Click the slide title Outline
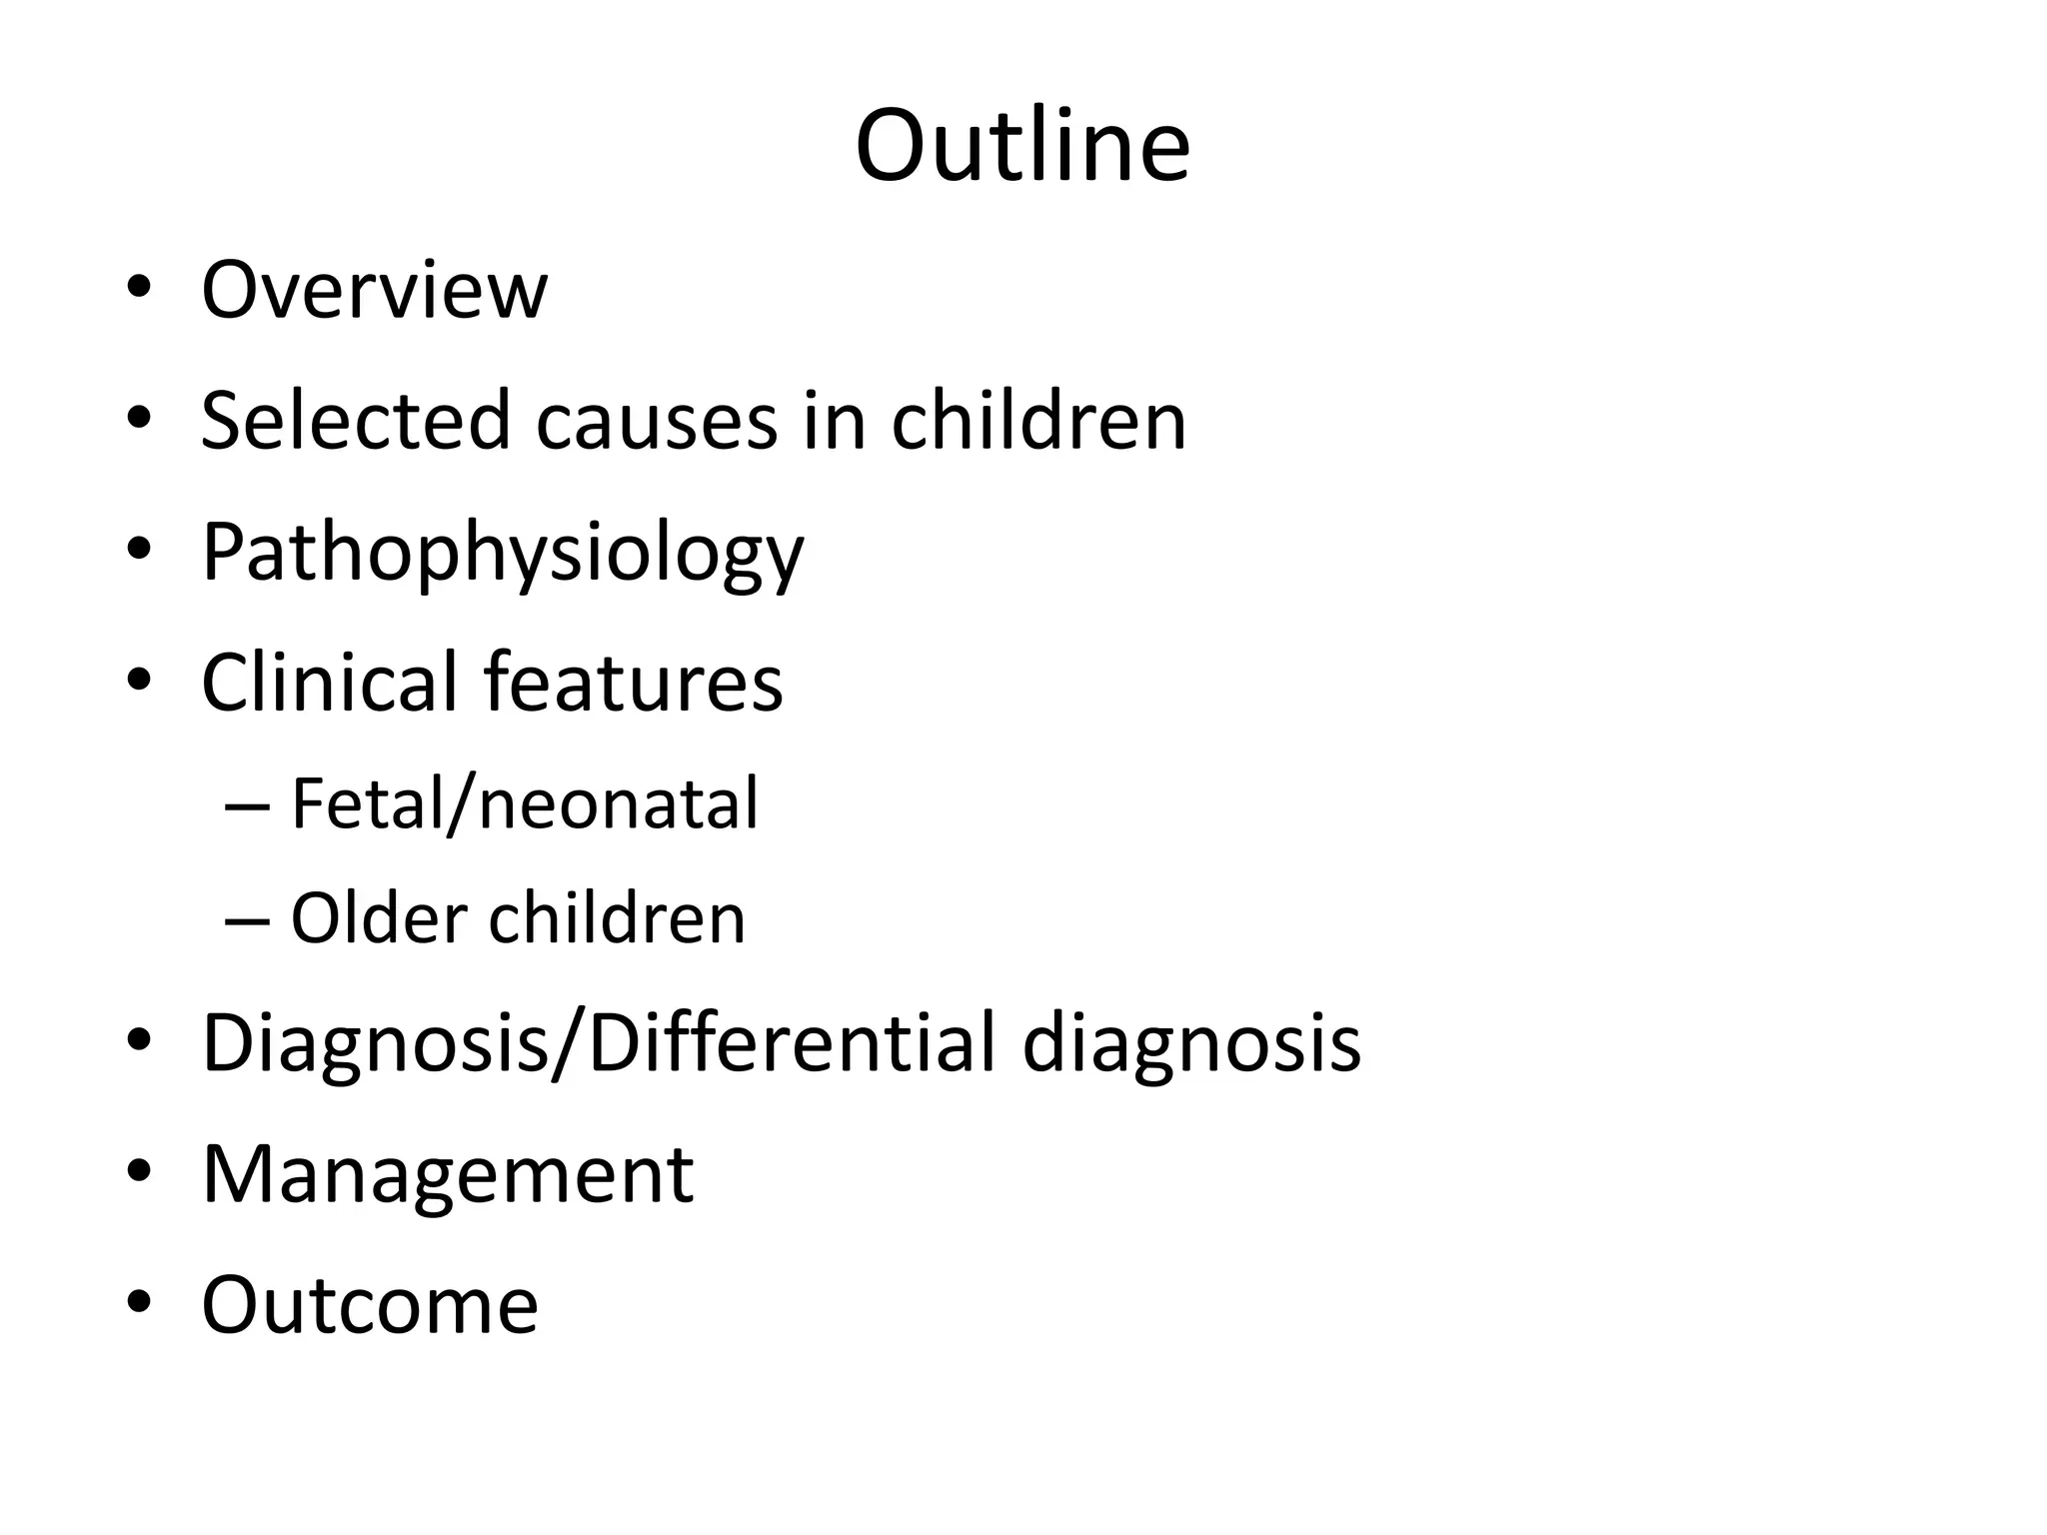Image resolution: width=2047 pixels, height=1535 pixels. pos(1023,146)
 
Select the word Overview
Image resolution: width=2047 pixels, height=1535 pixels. pos(374,290)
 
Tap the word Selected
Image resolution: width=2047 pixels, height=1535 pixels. pos(356,420)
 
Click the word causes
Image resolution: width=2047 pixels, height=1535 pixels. pos(656,420)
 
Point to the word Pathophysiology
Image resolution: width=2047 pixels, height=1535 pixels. pos(502,552)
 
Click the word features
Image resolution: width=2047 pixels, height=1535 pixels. pos(634,682)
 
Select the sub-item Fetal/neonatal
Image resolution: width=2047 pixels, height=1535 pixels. pos(524,803)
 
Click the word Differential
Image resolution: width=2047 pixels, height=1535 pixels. pos(792,1043)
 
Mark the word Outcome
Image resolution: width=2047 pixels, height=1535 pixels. pos(370,1304)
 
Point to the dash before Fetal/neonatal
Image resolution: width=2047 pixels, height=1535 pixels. pos(248,805)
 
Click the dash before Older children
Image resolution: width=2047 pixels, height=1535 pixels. pos(248,919)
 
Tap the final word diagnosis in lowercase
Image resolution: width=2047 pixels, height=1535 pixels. pos(1191,1043)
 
